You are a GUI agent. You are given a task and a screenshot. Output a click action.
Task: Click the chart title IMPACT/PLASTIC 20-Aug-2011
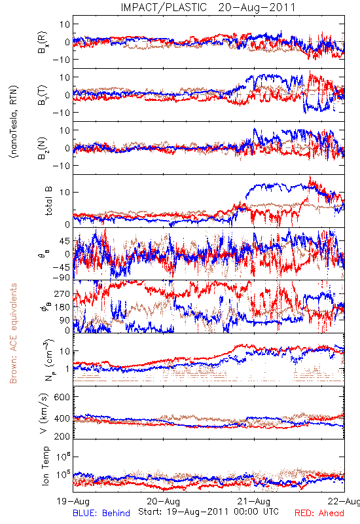coord(208,7)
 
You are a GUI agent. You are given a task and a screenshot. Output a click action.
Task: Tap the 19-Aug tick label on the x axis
coord(73,501)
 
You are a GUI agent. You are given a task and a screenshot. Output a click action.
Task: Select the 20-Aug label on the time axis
coord(163,501)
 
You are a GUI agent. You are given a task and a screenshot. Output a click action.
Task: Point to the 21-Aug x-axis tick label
coord(254,501)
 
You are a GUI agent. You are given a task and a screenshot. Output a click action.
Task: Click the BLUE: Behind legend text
coord(101,513)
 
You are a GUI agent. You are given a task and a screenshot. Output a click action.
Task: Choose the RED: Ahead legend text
coord(319,513)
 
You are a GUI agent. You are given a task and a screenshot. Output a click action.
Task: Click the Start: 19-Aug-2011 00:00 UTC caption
coord(208,512)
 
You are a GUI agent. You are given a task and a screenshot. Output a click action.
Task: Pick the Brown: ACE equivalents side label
coord(13,333)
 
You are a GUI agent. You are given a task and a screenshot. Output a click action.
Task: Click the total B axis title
coord(48,201)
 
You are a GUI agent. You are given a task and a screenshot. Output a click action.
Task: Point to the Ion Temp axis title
coord(45,466)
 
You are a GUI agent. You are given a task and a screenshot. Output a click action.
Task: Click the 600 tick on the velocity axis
coord(62,397)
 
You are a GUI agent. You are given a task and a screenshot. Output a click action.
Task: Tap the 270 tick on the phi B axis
coord(62,293)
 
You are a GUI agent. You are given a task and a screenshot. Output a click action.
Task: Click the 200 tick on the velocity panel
coord(62,436)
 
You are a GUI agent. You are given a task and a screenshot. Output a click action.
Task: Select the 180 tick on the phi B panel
coord(62,307)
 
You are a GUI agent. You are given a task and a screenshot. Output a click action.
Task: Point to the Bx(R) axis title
coord(43,42)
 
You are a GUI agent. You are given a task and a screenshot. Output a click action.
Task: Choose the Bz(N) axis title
coord(43,148)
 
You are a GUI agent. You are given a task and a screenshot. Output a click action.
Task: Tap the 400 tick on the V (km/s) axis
coord(62,419)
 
